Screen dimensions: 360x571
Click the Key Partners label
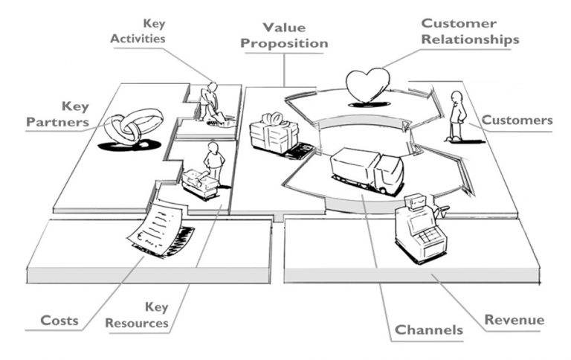pos(57,113)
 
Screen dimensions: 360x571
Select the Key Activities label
pos(138,31)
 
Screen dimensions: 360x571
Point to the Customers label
pos(517,120)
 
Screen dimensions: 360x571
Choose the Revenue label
pos(514,320)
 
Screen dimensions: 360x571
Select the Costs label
pos(60,321)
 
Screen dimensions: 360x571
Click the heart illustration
pos(368,86)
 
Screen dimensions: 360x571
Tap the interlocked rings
pos(133,126)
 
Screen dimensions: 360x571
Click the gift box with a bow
pos(274,134)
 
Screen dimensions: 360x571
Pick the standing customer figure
pos(456,116)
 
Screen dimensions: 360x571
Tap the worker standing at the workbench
pos(215,161)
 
